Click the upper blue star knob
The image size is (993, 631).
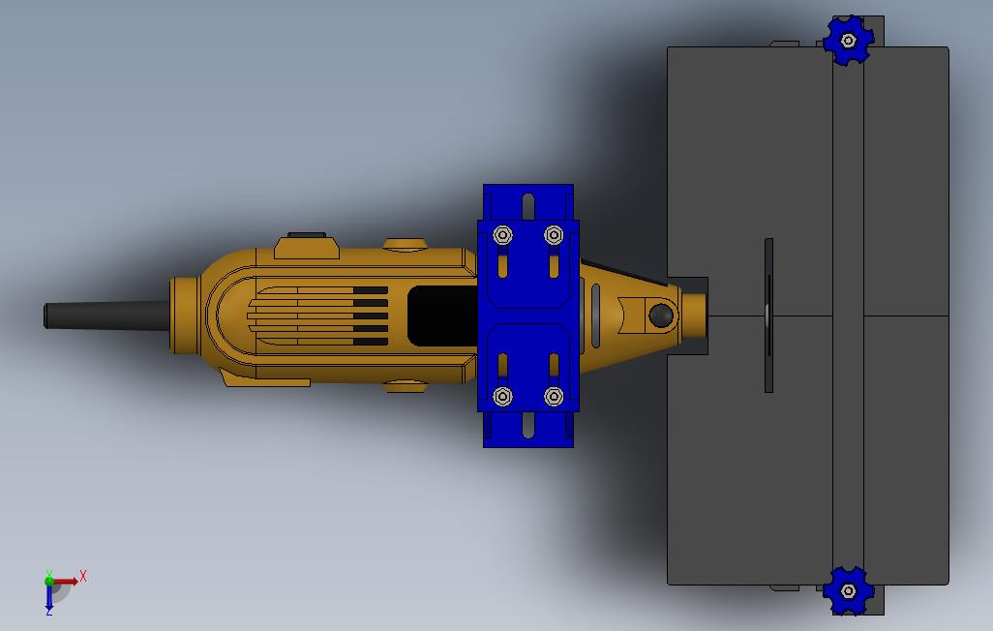(x=848, y=41)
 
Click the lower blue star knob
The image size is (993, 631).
(x=848, y=591)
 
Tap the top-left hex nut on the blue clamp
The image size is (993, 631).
(x=503, y=235)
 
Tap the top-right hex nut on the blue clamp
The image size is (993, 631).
(x=554, y=235)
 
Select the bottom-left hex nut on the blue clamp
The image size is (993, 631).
(x=503, y=397)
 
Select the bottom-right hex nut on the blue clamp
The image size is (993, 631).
(x=554, y=397)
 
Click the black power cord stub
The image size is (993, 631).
(x=106, y=315)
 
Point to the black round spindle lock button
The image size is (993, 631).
(x=660, y=315)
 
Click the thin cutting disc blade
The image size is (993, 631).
(x=768, y=315)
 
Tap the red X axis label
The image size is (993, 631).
(x=83, y=577)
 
